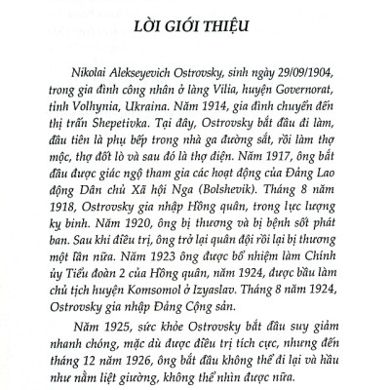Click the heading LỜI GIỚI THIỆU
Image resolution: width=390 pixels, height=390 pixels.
coord(195,48)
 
